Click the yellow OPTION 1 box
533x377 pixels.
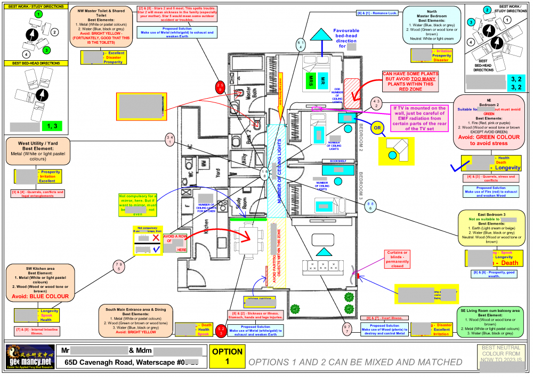(x=228, y=356)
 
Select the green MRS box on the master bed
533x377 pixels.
(x=309, y=82)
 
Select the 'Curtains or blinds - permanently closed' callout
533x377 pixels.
(x=398, y=259)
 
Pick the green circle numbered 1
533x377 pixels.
(x=36, y=13)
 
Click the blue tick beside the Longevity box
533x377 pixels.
(x=456, y=167)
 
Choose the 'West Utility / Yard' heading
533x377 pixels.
(x=37, y=143)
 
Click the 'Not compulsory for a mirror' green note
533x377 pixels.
(x=138, y=205)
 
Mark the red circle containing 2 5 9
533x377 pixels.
(x=220, y=87)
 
